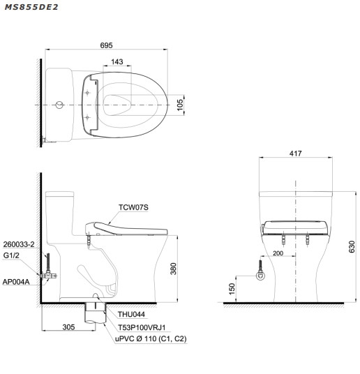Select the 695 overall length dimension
point(106,45)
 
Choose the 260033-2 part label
point(19,246)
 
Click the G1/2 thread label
point(12,256)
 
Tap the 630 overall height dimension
point(352,246)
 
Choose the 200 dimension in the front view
point(279,254)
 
